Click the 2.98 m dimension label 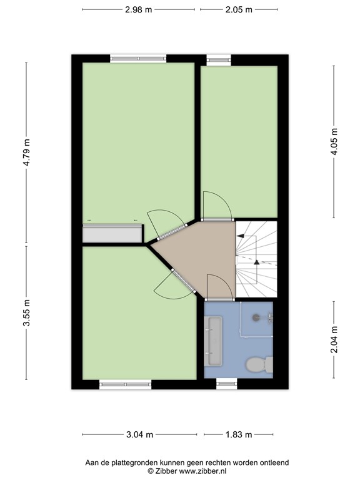pyautogui.click(x=138, y=10)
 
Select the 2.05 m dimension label pyautogui.click(x=239, y=10)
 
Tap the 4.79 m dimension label pyautogui.click(x=27, y=152)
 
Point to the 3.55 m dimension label pyautogui.click(x=27, y=312)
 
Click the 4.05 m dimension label pyautogui.click(x=334, y=141)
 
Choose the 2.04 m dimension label pyautogui.click(x=334, y=339)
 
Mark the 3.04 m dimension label pyautogui.click(x=139, y=434)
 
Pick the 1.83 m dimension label pyautogui.click(x=239, y=434)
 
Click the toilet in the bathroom pyautogui.click(x=259, y=364)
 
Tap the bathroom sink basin pyautogui.click(x=213, y=341)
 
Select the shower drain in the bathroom pyautogui.click(x=256, y=317)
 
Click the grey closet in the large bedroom pyautogui.click(x=112, y=233)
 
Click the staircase pyautogui.click(x=256, y=259)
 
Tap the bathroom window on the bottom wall pyautogui.click(x=226, y=384)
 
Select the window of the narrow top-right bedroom pyautogui.click(x=219, y=60)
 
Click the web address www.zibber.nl pyautogui.click(x=202, y=471)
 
